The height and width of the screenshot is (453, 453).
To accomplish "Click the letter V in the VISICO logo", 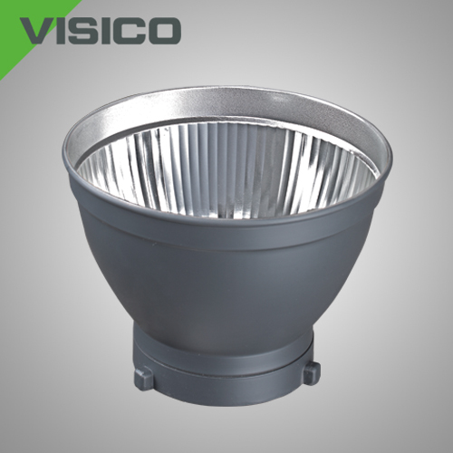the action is click(40, 32).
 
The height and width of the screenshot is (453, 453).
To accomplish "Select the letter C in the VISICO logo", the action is click(130, 32).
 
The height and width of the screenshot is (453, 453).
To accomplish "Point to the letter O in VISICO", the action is click(162, 32).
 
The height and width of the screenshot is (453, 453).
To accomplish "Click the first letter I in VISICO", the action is click(67, 32).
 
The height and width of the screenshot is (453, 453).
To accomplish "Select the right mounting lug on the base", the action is click(312, 373).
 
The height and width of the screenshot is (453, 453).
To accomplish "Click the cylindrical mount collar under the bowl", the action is click(225, 370).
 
